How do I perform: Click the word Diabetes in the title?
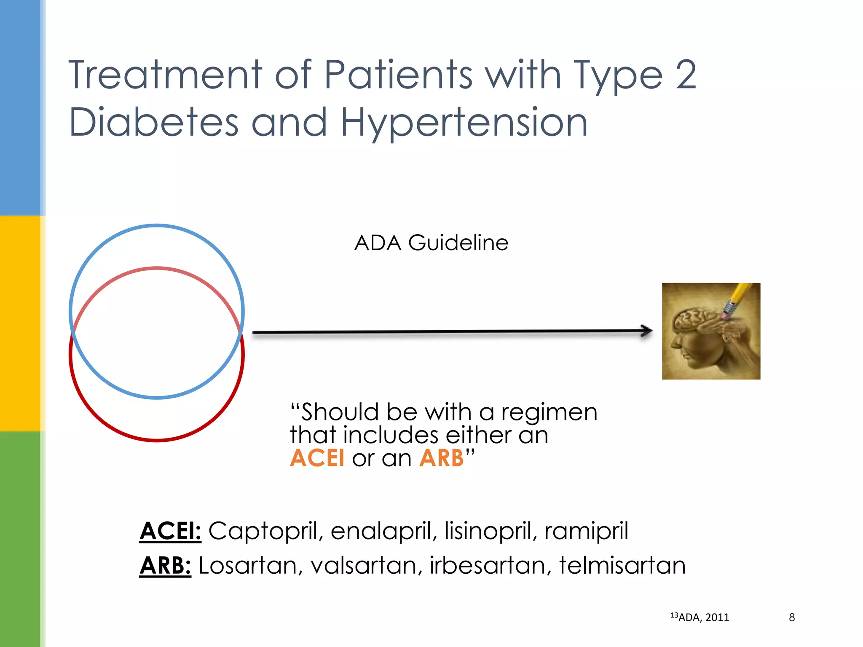(154, 123)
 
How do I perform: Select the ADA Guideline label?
(431, 243)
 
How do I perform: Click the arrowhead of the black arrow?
(647, 331)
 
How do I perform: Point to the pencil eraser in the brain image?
(727, 314)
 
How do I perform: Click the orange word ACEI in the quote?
(317, 458)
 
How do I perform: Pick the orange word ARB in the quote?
(441, 458)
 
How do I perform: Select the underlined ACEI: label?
(170, 531)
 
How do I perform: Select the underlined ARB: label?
(165, 565)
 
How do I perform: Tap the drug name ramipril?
(586, 531)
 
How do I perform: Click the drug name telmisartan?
(622, 565)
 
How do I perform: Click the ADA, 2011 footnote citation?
(703, 618)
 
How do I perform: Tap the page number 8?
(792, 618)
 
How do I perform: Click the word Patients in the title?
(398, 75)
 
